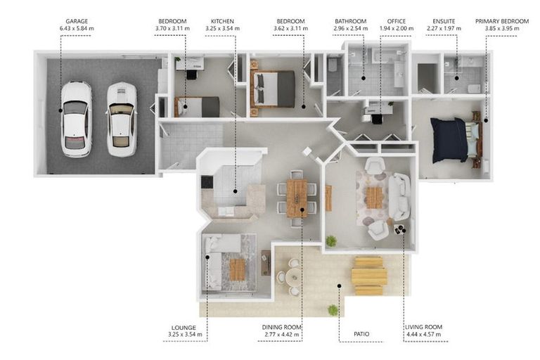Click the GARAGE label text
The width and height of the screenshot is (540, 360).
77,21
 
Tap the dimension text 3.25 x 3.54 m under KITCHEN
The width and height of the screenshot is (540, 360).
222,29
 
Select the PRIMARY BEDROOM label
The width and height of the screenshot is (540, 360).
502,21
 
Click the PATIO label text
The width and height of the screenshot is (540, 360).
361,334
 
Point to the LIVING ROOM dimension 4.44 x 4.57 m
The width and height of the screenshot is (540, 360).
423,334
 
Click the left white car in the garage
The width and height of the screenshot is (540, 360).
77,119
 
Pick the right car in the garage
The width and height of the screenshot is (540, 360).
122,120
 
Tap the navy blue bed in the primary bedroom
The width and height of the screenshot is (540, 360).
449,139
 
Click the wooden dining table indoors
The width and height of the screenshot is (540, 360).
297,198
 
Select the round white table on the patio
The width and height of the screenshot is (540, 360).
293,276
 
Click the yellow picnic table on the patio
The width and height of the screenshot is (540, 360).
369,276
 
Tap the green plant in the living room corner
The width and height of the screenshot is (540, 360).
331,240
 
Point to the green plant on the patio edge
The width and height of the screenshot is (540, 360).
333,310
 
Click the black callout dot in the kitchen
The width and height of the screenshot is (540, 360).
236,191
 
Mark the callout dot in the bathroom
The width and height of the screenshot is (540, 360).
364,78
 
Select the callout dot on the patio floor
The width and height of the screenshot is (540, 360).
339,285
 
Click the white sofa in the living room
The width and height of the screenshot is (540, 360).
400,196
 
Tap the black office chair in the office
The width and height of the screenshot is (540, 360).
377,119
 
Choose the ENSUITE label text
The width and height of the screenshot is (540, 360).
444,21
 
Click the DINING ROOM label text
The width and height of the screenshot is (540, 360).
282,327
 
